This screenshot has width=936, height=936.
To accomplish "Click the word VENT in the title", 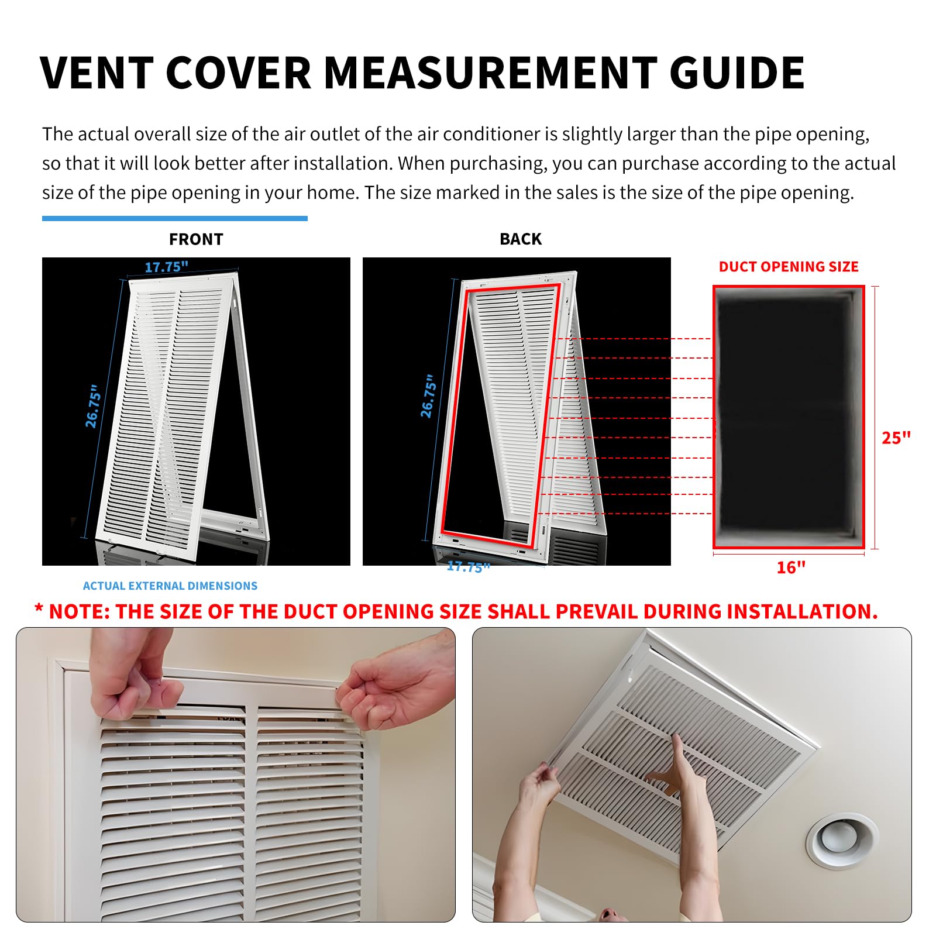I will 97,73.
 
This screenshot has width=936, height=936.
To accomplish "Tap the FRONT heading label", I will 196,239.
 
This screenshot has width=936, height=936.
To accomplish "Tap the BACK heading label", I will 520,239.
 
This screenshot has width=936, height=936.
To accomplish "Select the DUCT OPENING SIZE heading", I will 788,267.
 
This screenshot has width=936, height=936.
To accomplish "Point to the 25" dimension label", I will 896,438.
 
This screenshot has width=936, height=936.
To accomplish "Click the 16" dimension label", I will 791,567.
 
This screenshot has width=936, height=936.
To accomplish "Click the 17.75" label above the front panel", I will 166,267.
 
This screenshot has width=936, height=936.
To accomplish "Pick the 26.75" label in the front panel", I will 93,406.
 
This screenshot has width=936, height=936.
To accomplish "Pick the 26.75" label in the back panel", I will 428,396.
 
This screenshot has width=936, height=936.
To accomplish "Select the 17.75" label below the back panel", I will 468,567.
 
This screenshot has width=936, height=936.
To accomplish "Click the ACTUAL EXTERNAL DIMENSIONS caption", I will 170,586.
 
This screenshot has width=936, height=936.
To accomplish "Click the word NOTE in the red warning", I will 80,611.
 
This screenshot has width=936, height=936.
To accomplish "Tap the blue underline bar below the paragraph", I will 174,219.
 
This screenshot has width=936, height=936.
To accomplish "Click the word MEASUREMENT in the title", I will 489,73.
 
